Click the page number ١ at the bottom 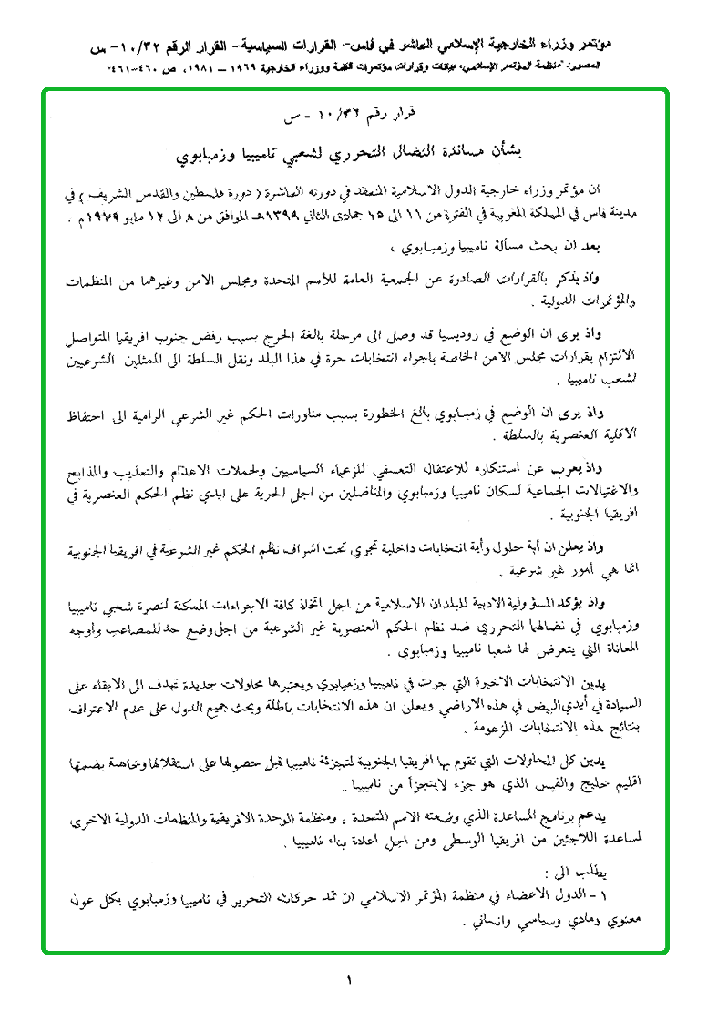point(348,980)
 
